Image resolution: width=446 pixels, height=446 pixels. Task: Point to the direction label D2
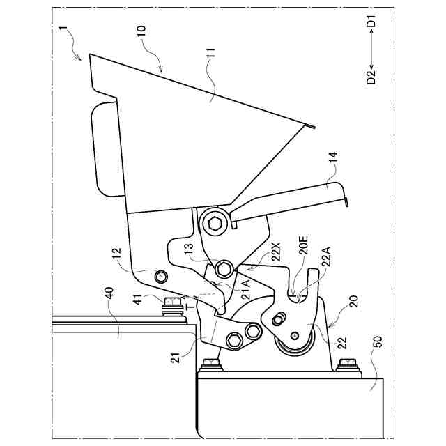(371, 75)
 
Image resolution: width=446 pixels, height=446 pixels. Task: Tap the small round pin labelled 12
(161, 276)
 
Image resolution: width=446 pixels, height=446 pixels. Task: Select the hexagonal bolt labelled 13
(224, 268)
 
